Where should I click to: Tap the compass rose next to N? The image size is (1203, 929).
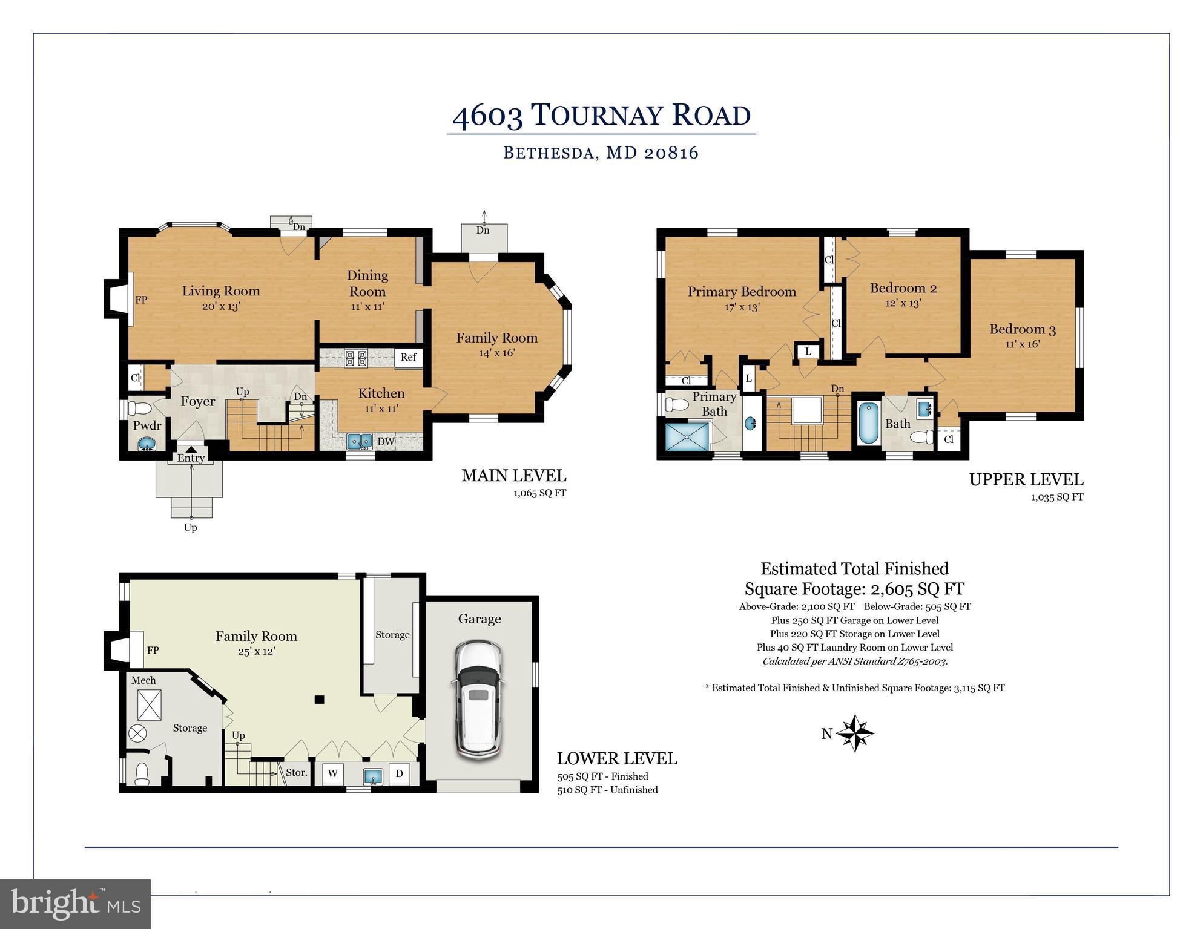[854, 733]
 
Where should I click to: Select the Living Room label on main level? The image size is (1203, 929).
[220, 291]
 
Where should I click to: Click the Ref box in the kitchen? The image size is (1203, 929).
[408, 357]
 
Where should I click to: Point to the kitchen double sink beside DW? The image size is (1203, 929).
[360, 442]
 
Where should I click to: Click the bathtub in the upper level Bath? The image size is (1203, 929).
[868, 424]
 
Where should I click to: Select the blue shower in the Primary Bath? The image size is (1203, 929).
[687, 436]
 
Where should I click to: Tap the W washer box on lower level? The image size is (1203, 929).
[332, 773]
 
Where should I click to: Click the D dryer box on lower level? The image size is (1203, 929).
[399, 773]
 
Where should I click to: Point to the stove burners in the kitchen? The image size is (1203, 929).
[356, 358]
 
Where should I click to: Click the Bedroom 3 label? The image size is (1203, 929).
[1022, 330]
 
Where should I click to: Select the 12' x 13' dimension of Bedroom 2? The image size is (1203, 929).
[903, 303]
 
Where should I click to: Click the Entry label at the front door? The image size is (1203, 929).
[191, 458]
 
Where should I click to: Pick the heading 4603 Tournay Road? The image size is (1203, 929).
[601, 116]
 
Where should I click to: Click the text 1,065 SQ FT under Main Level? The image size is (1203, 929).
[539, 493]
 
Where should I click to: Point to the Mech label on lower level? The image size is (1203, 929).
[143, 680]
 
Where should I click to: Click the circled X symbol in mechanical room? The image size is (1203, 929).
[137, 734]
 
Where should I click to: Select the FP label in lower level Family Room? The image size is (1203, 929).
[153, 651]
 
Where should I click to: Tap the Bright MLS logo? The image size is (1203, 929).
[75, 904]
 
